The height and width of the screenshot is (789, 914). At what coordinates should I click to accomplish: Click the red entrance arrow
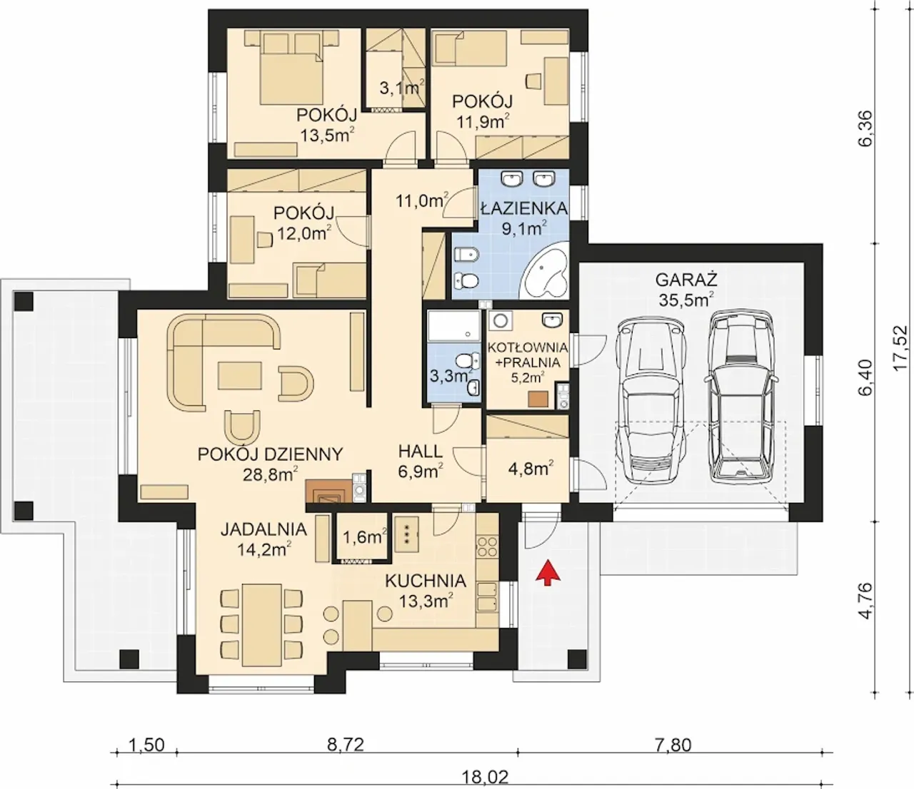tap(548, 573)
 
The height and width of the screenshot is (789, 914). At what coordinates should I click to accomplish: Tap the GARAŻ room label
tap(685, 280)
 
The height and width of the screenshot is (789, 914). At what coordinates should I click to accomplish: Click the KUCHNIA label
tap(426, 581)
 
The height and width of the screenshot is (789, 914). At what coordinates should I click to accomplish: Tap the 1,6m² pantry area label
tap(366, 537)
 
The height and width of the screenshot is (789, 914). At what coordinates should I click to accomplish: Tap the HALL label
tap(421, 452)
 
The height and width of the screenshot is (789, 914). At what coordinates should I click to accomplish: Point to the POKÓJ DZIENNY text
tap(270, 454)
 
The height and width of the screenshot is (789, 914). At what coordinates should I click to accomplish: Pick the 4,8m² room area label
tap(531, 468)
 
